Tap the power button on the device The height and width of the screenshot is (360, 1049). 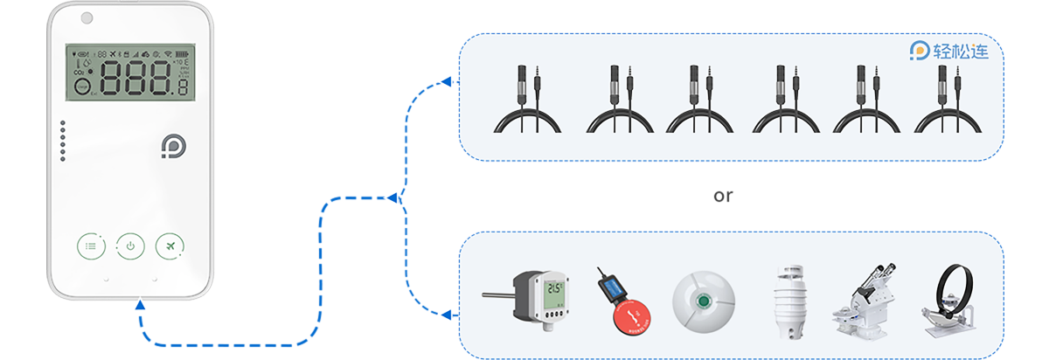130,246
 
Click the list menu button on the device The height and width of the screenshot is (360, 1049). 91,246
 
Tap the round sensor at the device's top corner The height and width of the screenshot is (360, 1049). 87,18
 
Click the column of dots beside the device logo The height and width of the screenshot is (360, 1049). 63,141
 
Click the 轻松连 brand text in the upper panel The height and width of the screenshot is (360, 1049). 960,52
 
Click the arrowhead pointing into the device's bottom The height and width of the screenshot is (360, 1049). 140,305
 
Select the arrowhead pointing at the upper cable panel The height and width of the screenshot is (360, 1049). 446,82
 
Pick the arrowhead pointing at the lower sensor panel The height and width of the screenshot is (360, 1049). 446,314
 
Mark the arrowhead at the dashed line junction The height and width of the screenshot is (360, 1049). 392,197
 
